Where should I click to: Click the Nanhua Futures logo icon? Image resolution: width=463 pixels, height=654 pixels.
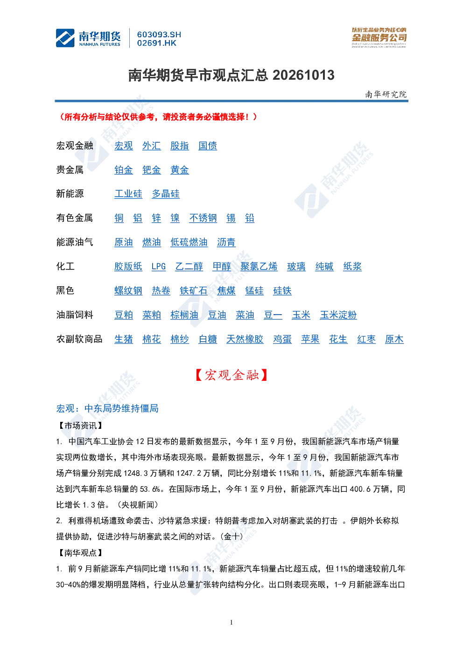tap(65, 38)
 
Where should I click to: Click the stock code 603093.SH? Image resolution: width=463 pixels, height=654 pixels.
tap(159, 34)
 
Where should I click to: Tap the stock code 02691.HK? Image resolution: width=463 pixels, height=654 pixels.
tap(157, 43)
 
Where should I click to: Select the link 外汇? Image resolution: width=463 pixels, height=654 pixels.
tap(151, 145)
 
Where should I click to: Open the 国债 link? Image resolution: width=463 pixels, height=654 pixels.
tap(208, 145)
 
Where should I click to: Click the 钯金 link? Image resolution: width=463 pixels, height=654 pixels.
tap(151, 170)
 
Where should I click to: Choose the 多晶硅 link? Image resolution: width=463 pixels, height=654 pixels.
tap(165, 193)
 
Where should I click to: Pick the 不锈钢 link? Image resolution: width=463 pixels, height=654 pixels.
tap(203, 218)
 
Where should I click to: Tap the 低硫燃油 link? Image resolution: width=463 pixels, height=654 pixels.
tap(189, 242)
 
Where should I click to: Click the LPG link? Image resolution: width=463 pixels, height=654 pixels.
tap(158, 266)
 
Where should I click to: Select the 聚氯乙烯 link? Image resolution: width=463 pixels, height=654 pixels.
tap(259, 266)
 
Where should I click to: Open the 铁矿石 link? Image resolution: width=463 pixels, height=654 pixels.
tap(194, 290)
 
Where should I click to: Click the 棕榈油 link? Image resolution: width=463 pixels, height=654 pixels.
tap(184, 315)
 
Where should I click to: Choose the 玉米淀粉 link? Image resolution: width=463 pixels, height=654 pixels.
tap(338, 315)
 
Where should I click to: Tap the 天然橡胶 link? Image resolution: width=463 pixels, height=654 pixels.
tap(245, 339)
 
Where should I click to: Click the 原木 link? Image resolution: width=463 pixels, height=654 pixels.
tap(394, 339)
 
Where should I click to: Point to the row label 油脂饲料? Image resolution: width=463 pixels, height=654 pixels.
tap(75, 315)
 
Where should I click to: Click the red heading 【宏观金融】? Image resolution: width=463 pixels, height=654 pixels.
tap(231, 375)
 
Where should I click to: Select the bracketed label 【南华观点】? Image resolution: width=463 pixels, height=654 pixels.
tap(80, 552)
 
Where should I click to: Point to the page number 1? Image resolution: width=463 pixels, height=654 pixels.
tap(231, 622)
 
